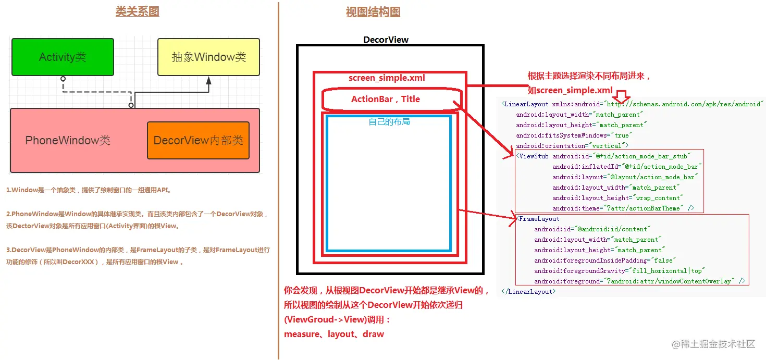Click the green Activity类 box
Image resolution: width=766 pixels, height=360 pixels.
pyautogui.click(x=63, y=57)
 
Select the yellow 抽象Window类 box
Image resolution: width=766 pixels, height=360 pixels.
pyautogui.click(x=208, y=57)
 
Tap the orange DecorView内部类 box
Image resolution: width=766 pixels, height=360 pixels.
pyautogui.click(x=198, y=141)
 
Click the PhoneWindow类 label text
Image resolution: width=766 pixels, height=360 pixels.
pyautogui.click(x=68, y=141)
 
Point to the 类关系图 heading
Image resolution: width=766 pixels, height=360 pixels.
pyautogui.click(x=137, y=11)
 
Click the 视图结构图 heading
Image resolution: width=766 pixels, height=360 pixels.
pyautogui.click(x=373, y=12)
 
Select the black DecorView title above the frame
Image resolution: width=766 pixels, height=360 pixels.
pyautogui.click(x=386, y=40)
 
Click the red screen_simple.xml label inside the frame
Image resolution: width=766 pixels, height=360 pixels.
pyautogui.click(x=387, y=78)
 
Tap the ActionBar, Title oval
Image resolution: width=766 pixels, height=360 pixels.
pyautogui.click(x=386, y=99)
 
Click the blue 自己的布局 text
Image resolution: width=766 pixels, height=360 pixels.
pyautogui.click(x=389, y=122)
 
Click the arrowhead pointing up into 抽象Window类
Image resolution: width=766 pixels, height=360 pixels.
pyautogui.click(x=208, y=81)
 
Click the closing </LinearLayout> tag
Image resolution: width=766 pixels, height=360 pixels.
pyautogui.click(x=529, y=292)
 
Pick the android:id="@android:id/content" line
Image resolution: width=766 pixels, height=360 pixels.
pyautogui.click(x=592, y=229)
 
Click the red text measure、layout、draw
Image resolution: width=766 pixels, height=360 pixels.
pyautogui.click(x=334, y=334)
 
